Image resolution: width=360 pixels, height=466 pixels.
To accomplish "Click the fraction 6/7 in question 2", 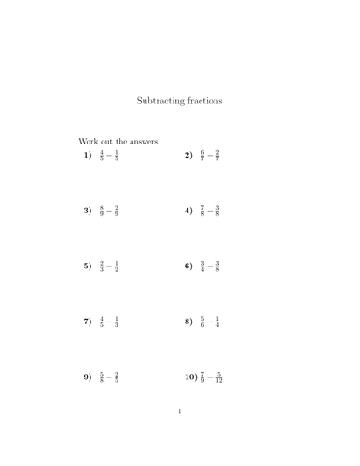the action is (x=202, y=155).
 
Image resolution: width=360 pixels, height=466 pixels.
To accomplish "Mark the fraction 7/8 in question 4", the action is (x=202, y=211).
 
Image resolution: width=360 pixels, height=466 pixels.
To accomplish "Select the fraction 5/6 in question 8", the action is (x=202, y=322).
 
